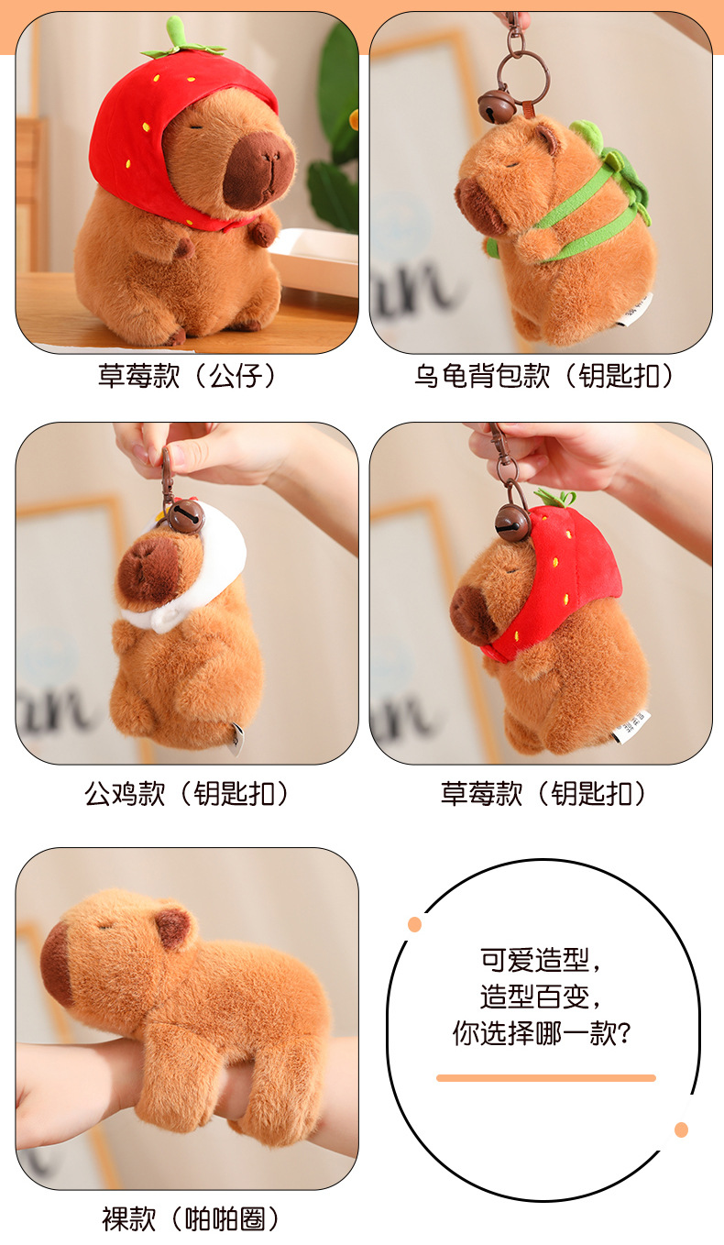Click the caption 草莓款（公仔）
[187, 376]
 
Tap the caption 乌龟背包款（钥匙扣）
[543, 376]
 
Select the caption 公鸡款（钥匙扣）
[187, 793]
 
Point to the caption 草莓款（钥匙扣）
[543, 793]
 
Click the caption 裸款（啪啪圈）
[190, 1219]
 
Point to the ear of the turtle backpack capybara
[547, 138]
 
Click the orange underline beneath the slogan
[545, 1078]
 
